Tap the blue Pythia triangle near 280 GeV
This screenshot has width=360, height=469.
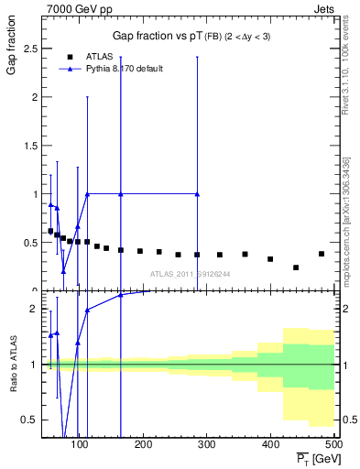click(x=197, y=194)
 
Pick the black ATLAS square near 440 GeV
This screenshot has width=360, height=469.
click(x=296, y=267)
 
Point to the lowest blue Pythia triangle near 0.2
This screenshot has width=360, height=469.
click(x=63, y=271)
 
